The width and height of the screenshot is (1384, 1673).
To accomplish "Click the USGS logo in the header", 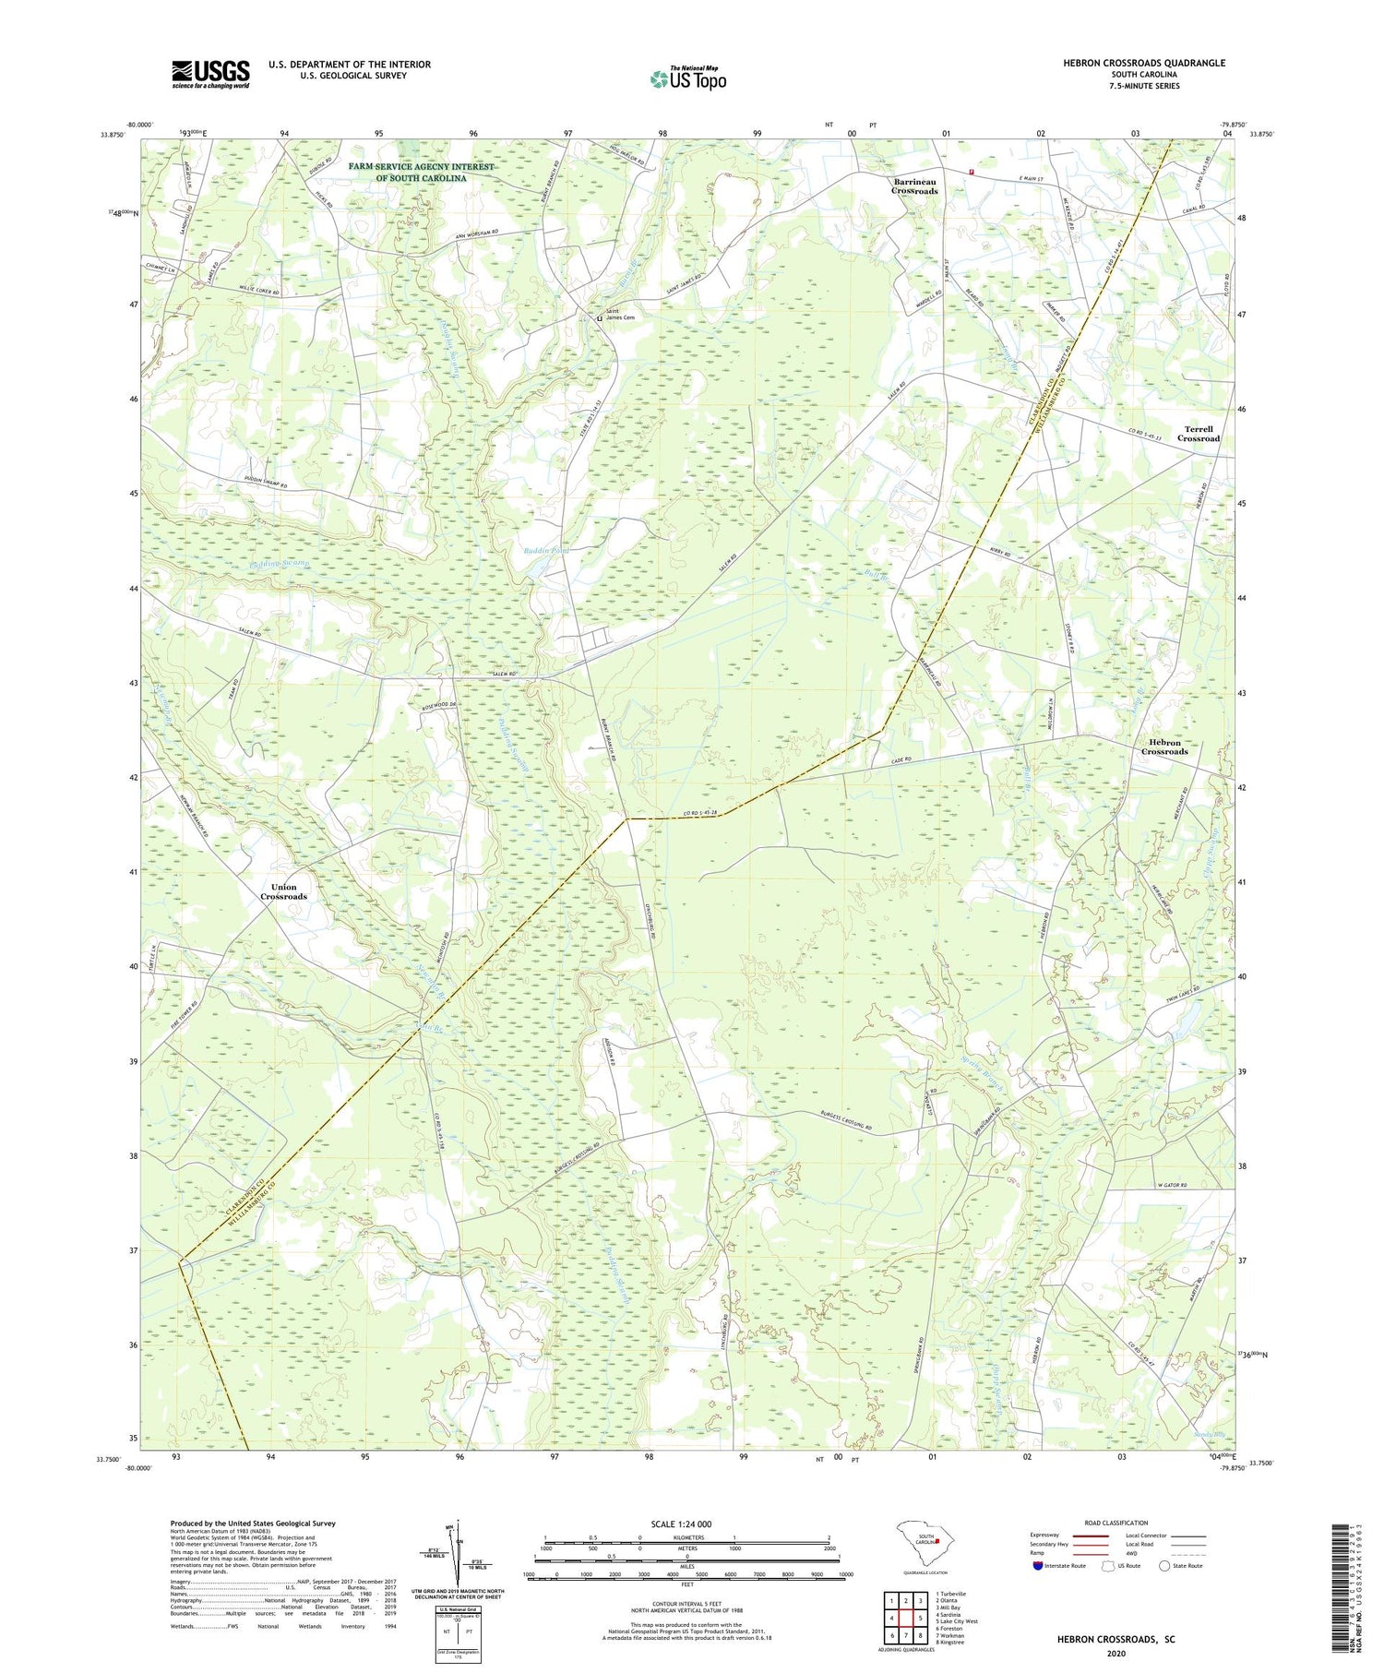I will (x=210, y=74).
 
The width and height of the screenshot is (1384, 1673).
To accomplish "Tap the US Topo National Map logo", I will (x=687, y=78).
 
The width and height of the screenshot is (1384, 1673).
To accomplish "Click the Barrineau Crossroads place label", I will (x=914, y=186).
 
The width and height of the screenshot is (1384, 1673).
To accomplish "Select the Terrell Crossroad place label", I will (x=1198, y=434).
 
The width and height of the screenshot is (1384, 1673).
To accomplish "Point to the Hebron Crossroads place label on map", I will (x=1163, y=747).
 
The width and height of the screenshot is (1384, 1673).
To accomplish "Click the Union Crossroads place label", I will (x=283, y=891).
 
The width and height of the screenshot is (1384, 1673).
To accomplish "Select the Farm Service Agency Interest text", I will (x=421, y=173).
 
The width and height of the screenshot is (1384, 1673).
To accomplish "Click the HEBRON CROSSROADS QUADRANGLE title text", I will (x=1144, y=63).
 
